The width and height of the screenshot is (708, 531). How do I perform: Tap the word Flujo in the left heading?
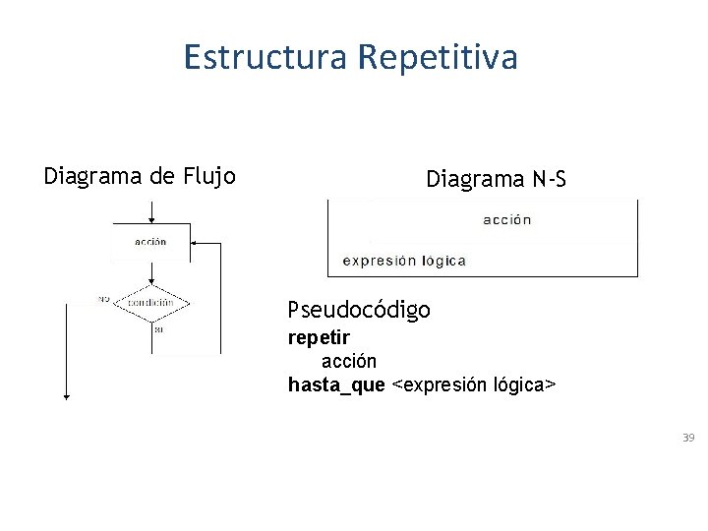[209, 176]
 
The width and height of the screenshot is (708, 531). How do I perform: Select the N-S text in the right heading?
[549, 179]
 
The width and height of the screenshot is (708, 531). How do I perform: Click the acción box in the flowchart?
[150, 241]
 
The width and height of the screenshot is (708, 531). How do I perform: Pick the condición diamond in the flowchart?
[150, 303]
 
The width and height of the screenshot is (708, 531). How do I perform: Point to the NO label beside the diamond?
[103, 299]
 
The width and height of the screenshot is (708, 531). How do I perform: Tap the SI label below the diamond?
[158, 329]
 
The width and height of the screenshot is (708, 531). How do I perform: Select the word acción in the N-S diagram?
[507, 220]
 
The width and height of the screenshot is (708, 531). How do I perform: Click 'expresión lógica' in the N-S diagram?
[404, 261]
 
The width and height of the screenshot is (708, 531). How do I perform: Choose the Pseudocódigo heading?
[359, 310]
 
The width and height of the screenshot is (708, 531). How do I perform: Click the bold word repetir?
[318, 338]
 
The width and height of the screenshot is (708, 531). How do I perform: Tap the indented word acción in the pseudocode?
[349, 361]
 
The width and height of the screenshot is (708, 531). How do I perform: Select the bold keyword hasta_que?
[336, 384]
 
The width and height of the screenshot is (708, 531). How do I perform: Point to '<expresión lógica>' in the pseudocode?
[474, 384]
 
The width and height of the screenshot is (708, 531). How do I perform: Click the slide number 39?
[688, 437]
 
